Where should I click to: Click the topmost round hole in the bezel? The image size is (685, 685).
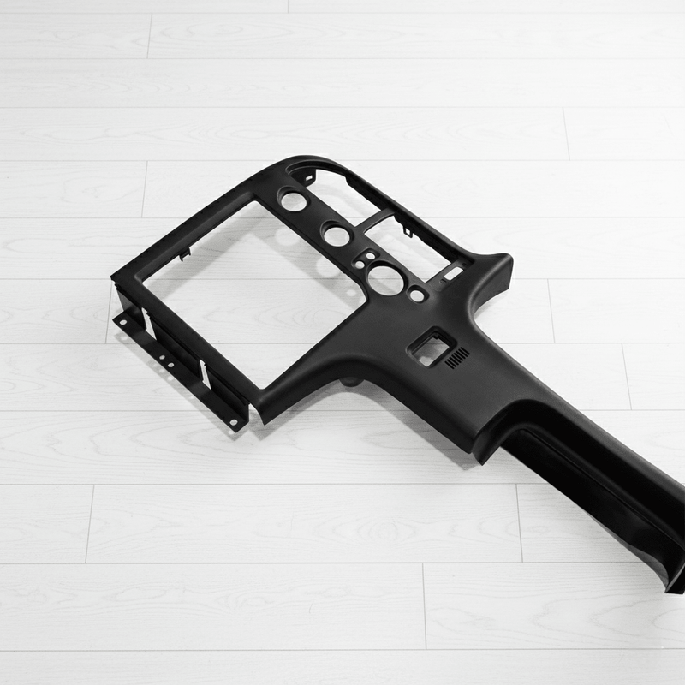coord(293,201)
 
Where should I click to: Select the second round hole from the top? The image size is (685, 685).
coord(336,235)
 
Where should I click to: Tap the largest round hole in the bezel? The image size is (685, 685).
coord(386,279)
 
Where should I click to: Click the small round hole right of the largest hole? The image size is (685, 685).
coord(417,295)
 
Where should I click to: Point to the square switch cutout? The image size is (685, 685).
coord(430,348)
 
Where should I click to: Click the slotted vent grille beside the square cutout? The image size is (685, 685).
coord(458,357)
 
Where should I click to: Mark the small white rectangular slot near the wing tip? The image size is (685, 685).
coord(451,273)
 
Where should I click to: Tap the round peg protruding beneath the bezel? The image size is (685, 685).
coord(349,380)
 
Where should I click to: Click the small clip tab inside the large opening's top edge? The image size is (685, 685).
coord(184,253)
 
